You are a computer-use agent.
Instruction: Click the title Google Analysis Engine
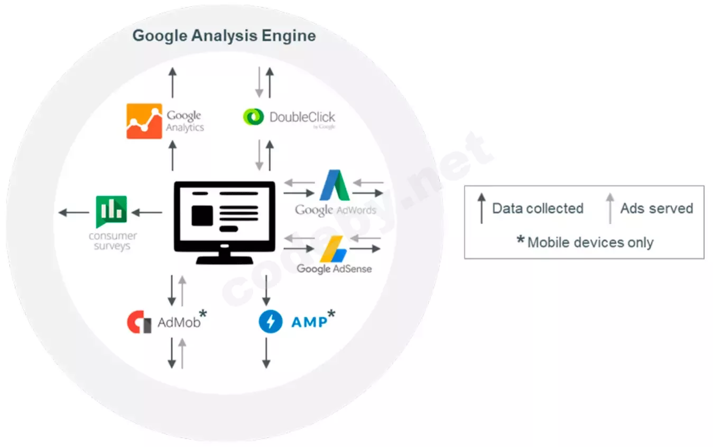224,36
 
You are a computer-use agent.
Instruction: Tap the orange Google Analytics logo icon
144,121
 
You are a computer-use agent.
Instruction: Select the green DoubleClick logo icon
253,117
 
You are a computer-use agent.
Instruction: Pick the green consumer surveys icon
111,211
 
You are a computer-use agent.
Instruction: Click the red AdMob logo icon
139,322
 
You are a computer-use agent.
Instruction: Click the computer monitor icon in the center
225,222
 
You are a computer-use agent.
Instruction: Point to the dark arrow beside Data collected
481,208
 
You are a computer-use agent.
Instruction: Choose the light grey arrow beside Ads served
610,208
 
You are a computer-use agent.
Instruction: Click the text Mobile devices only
590,243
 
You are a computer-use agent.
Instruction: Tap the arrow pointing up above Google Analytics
172,82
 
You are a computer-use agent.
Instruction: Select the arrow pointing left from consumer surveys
73,213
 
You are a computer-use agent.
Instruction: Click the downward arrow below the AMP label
266,353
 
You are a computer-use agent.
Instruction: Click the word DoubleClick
302,117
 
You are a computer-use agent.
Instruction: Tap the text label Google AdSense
334,269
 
